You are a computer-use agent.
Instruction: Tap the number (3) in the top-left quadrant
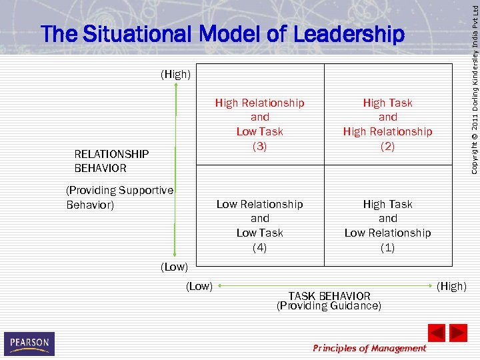(x=260, y=146)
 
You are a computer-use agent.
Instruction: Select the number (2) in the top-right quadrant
(x=387, y=146)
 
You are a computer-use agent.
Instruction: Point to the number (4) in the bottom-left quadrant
(x=260, y=247)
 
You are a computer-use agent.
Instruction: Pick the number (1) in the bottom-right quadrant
(x=387, y=247)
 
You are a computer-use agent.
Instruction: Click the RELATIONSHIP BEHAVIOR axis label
(x=111, y=161)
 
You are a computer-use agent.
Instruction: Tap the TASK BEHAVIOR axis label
(x=329, y=296)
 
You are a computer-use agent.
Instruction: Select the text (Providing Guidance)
(x=329, y=306)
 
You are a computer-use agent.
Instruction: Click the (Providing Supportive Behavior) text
(x=119, y=197)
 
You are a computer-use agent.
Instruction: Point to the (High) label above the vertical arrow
(x=175, y=75)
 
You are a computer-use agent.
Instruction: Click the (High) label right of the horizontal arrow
(x=452, y=286)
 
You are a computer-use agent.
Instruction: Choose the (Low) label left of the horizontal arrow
(x=199, y=286)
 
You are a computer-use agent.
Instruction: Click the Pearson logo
(x=29, y=343)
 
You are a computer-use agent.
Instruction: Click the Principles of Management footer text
(x=369, y=348)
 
